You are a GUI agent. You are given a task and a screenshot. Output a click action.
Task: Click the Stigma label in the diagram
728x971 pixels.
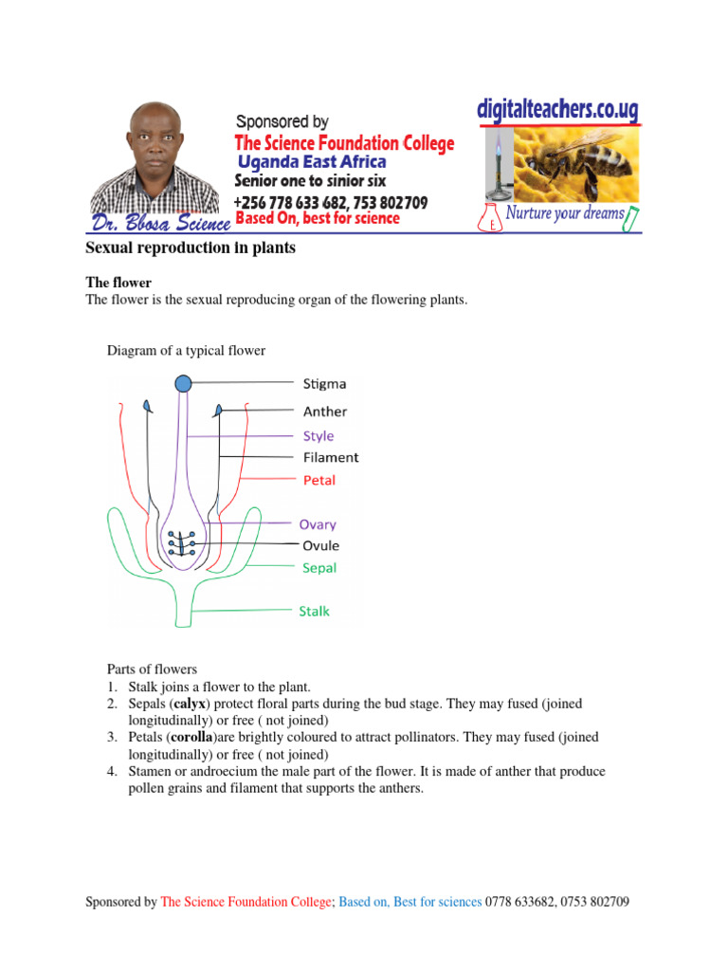[x=324, y=384]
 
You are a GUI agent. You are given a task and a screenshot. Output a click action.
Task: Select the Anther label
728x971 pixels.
[x=325, y=412]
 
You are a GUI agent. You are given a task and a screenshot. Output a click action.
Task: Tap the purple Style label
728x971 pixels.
[x=318, y=436]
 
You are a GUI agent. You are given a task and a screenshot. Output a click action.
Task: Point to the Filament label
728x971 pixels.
[x=331, y=457]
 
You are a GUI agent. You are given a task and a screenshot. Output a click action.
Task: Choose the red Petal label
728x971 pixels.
[x=319, y=480]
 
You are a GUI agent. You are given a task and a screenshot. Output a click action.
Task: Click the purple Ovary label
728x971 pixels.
[x=318, y=523]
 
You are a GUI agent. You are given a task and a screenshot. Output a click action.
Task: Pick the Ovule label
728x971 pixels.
[x=320, y=545]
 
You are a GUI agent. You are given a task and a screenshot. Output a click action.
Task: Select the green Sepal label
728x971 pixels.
[x=319, y=568]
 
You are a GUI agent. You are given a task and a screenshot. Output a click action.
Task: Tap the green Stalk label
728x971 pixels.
[x=315, y=611]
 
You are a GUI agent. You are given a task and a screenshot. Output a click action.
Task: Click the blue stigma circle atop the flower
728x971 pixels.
[x=183, y=383]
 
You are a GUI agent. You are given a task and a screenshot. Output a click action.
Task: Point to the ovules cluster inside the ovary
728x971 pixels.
[x=181, y=543]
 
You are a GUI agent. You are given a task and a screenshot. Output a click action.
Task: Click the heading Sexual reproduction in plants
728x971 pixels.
[x=191, y=248]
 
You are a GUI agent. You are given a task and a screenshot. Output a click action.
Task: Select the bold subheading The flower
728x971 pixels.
[x=118, y=283]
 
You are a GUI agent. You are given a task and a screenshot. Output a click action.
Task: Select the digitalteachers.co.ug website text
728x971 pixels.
[x=556, y=110]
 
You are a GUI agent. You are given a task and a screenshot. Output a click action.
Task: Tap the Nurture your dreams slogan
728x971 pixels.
[x=565, y=213]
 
